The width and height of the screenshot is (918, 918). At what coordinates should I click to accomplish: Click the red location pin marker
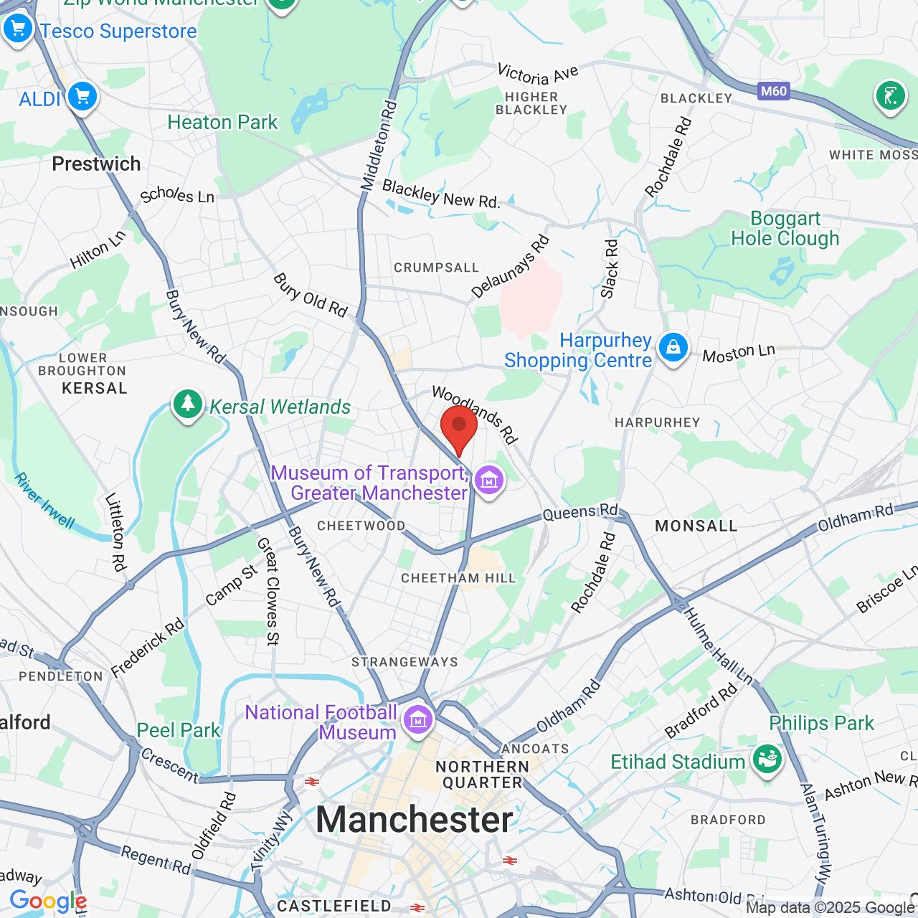459,427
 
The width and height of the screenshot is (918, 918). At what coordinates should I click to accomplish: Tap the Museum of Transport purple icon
489,480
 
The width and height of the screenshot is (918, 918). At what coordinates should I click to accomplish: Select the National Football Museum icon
418,719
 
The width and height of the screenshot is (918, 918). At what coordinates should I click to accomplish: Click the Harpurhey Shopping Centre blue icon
673,348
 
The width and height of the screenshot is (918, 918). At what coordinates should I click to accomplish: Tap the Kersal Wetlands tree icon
188,404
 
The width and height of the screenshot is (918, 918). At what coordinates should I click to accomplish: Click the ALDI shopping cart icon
82,95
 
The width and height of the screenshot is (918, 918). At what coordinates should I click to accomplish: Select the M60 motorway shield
774,91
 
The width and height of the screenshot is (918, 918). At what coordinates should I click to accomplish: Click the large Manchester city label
415,820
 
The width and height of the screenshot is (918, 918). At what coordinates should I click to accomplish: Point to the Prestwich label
96,164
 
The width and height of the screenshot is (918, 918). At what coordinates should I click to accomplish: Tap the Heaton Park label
222,123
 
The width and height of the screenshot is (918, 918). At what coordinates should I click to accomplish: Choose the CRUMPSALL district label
436,268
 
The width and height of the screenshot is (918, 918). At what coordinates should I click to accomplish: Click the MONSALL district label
696,526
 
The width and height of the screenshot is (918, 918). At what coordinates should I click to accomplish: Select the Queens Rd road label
580,512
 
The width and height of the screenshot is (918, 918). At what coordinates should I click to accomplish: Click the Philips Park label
821,723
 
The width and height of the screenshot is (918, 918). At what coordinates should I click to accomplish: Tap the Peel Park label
179,730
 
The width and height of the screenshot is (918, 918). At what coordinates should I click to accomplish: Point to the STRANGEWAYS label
404,662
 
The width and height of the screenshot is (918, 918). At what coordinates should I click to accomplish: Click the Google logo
48,902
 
